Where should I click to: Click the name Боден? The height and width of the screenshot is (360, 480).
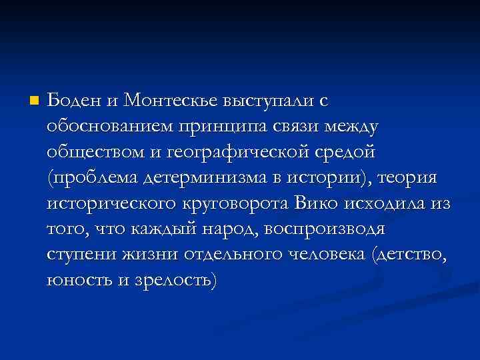click(x=73, y=100)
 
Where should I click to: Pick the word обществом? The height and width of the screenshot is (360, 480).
click(x=91, y=152)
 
